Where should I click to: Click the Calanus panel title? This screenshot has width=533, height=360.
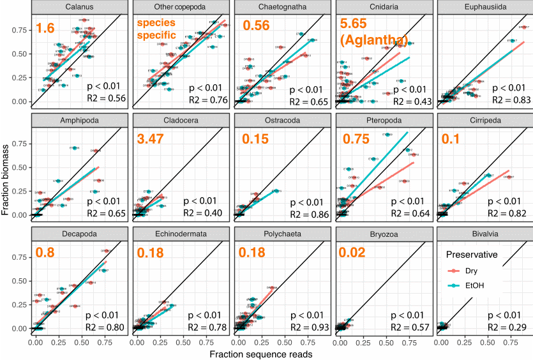pyautogui.click(x=79, y=8)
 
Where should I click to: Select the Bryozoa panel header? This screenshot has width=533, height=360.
pyautogui.click(x=382, y=234)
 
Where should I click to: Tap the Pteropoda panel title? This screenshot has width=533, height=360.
pyautogui.click(x=382, y=121)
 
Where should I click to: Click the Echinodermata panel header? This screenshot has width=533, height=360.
pyautogui.click(x=180, y=234)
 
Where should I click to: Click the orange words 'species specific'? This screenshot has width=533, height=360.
pyautogui.click(x=158, y=29)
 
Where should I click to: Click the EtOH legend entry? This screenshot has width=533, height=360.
pyautogui.click(x=477, y=285)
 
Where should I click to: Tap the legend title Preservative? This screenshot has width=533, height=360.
pyautogui.click(x=471, y=255)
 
